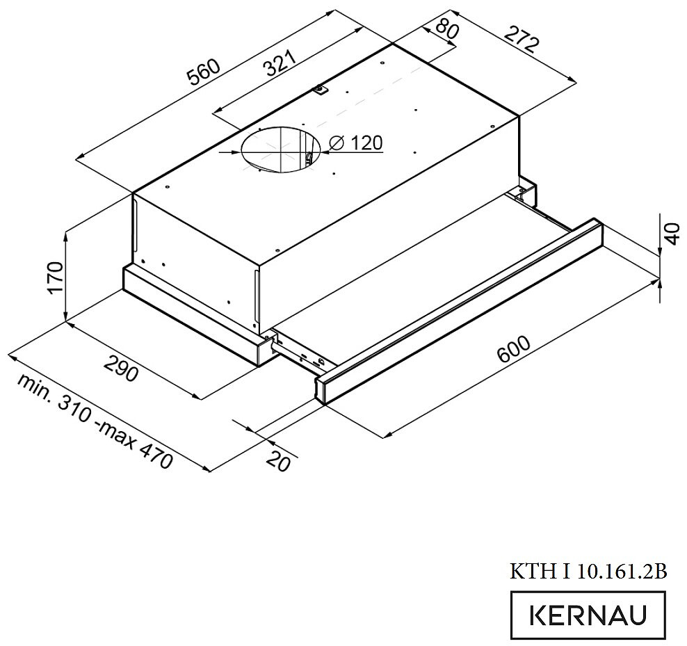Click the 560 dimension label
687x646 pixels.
(x=202, y=72)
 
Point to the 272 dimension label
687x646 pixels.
(x=522, y=39)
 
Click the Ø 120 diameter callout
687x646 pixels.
(x=356, y=143)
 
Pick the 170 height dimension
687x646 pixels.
(x=56, y=277)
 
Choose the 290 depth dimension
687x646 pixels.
(x=122, y=367)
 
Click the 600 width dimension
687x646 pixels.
(x=513, y=349)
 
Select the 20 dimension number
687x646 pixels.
(x=279, y=460)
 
